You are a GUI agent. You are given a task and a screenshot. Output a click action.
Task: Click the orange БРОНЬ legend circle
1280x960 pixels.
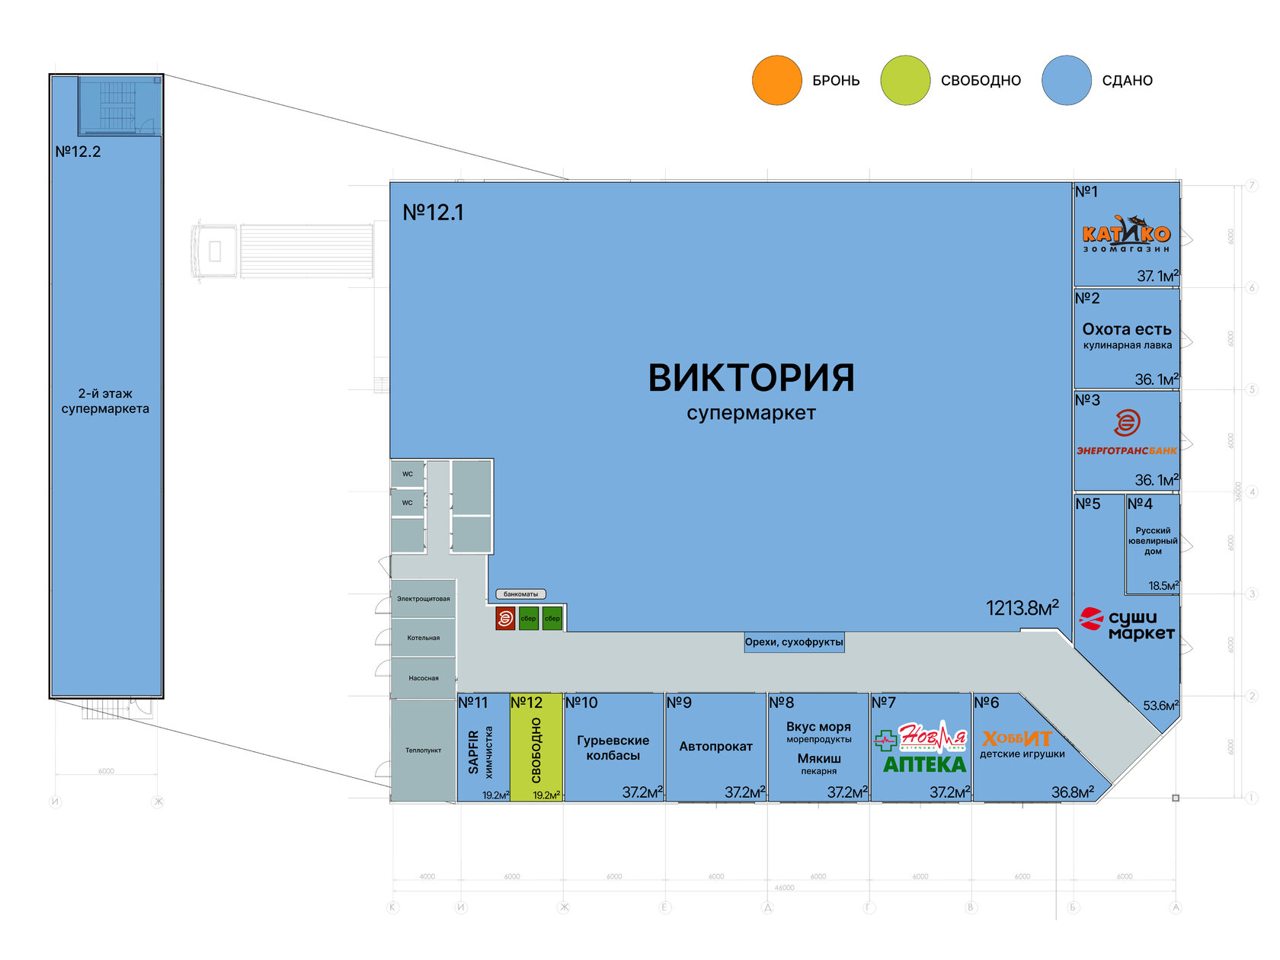tap(776, 80)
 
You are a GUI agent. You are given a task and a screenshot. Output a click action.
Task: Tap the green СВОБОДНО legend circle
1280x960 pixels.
tap(905, 80)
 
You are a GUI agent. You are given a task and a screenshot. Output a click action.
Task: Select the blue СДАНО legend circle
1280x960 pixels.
tap(1067, 80)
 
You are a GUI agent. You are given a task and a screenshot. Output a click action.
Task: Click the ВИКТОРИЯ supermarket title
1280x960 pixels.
tap(750, 378)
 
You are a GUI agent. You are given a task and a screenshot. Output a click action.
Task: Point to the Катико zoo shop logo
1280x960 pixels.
tap(1126, 232)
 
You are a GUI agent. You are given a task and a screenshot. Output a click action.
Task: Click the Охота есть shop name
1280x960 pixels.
tap(1127, 329)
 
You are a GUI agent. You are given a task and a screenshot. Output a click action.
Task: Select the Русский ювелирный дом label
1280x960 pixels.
tap(1153, 541)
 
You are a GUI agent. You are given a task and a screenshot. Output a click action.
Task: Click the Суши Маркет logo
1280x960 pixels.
tap(1128, 624)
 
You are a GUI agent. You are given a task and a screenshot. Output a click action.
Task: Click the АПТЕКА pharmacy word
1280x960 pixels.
tap(924, 764)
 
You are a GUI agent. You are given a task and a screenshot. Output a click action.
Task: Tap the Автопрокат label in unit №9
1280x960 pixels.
tap(715, 747)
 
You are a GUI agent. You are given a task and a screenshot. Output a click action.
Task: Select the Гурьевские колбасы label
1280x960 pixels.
tap(613, 747)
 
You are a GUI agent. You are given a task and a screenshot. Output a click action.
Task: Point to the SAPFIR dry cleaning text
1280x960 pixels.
tap(474, 751)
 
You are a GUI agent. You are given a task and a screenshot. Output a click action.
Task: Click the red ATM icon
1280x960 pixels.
tap(504, 619)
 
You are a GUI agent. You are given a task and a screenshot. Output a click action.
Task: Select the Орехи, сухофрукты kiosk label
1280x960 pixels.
tap(794, 642)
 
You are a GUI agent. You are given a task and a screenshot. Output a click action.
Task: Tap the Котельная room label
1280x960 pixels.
tap(423, 638)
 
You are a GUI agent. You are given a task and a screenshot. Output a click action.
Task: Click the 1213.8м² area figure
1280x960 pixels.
tap(1022, 608)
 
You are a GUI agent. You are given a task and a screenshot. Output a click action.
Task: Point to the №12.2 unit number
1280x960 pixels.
tap(78, 152)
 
